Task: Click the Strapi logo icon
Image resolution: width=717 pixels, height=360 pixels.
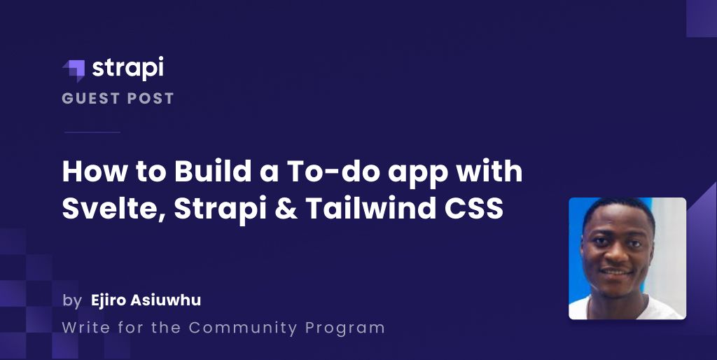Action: pos(74,70)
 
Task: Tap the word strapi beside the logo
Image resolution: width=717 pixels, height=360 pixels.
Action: pos(127,69)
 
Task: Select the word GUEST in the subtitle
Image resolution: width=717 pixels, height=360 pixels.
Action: pos(90,99)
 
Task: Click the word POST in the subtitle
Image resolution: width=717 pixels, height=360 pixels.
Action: pos(151,99)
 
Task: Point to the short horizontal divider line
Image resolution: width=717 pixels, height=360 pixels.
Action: pos(92,132)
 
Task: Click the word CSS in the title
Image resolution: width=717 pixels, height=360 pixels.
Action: pos(477,209)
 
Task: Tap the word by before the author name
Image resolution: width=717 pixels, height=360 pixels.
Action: pos(71,302)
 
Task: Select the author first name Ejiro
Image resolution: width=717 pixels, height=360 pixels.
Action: pos(109,301)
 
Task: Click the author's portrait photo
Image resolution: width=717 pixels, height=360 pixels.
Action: pos(627,258)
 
